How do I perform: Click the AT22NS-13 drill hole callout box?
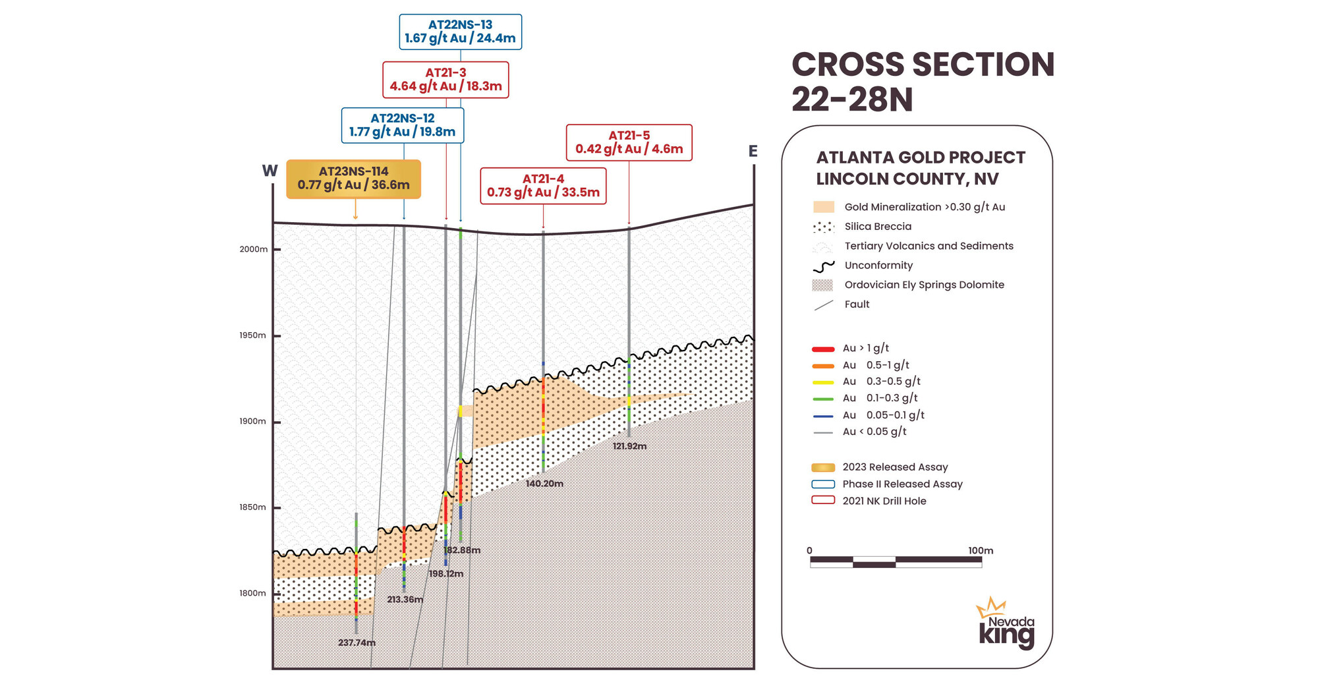coord(460,32)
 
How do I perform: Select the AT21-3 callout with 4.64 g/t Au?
coord(445,80)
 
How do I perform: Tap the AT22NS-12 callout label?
coord(402,125)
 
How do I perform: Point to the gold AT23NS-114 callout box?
coord(353,179)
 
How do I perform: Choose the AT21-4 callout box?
coord(543,186)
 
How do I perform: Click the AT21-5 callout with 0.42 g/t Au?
coord(629,142)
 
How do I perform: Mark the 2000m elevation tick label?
coord(254,249)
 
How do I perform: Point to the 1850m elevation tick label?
coord(252,507)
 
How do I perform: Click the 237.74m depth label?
coord(357,643)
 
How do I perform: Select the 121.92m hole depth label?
coord(629,446)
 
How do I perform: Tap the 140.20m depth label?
coord(544,484)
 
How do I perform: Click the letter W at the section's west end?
coord(270,171)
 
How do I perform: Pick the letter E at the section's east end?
coord(753,152)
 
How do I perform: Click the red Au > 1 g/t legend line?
coord(823,349)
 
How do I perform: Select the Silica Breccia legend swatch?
coord(823,227)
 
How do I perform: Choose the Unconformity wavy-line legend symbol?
coord(823,266)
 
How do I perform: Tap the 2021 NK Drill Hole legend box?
coord(823,500)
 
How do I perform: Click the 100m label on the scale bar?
coord(980,550)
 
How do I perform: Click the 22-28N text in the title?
coord(851,100)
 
